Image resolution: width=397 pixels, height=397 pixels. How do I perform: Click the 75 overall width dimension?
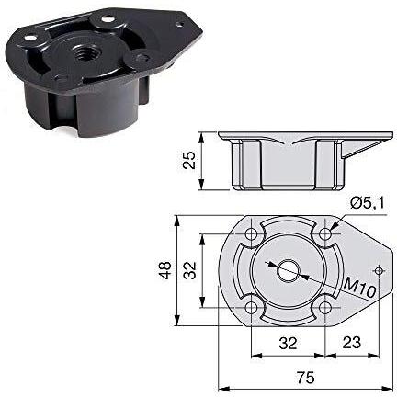click(x=305, y=378)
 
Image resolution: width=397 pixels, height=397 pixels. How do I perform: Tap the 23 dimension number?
click(x=351, y=343)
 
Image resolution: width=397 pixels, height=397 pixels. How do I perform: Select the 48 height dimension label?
click(x=165, y=270)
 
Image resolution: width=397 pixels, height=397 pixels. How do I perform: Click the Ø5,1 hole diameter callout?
click(x=367, y=203)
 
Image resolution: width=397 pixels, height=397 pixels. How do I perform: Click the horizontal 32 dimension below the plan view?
click(x=288, y=343)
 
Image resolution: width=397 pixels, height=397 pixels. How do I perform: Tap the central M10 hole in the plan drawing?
click(x=288, y=270)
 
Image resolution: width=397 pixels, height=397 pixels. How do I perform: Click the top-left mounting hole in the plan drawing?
click(x=252, y=234)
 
